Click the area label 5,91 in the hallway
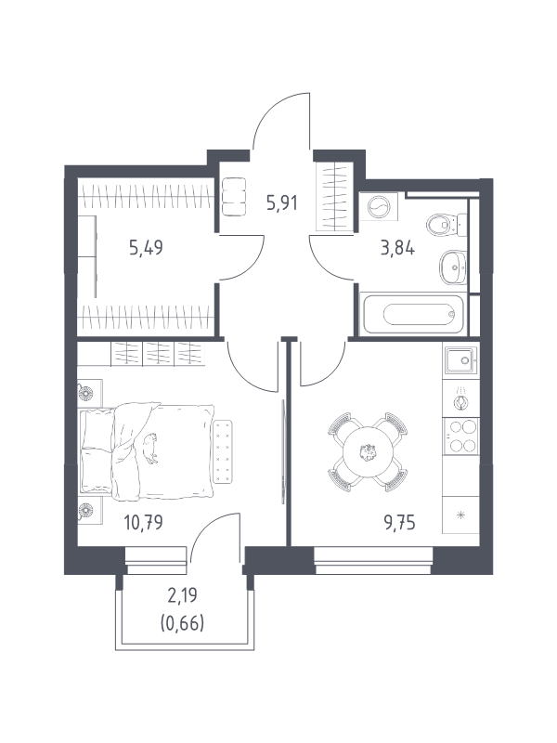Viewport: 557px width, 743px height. pyautogui.click(x=282, y=203)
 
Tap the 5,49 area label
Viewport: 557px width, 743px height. pyautogui.click(x=146, y=247)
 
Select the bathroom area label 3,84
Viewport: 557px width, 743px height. pyautogui.click(x=398, y=247)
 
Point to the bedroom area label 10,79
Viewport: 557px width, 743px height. pyautogui.click(x=143, y=522)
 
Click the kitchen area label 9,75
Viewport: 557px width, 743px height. pyautogui.click(x=400, y=522)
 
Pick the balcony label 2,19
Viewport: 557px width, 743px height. pyautogui.click(x=182, y=595)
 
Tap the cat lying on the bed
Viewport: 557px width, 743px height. pyautogui.click(x=150, y=449)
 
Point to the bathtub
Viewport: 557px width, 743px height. pyautogui.click(x=413, y=314)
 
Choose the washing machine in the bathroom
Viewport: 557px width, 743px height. pyautogui.click(x=379, y=207)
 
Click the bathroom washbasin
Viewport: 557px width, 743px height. pyautogui.click(x=453, y=267)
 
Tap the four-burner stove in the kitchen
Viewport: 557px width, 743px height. pyautogui.click(x=461, y=436)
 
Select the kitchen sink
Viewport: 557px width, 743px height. pyautogui.click(x=460, y=360)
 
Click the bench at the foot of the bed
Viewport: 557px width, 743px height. pyautogui.click(x=223, y=451)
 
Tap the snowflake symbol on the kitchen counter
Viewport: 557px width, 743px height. pyautogui.click(x=460, y=515)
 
